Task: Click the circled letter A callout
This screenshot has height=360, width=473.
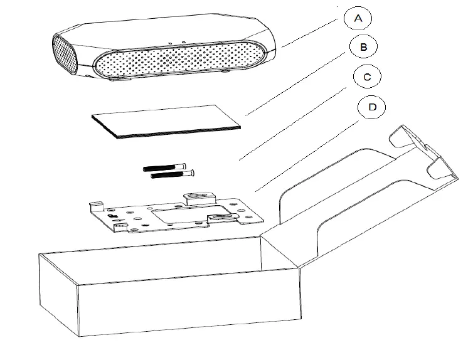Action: pyautogui.click(x=358, y=18)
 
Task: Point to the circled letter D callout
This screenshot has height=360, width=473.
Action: pyautogui.click(x=372, y=107)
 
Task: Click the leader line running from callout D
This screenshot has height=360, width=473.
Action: pyautogui.click(x=307, y=151)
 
